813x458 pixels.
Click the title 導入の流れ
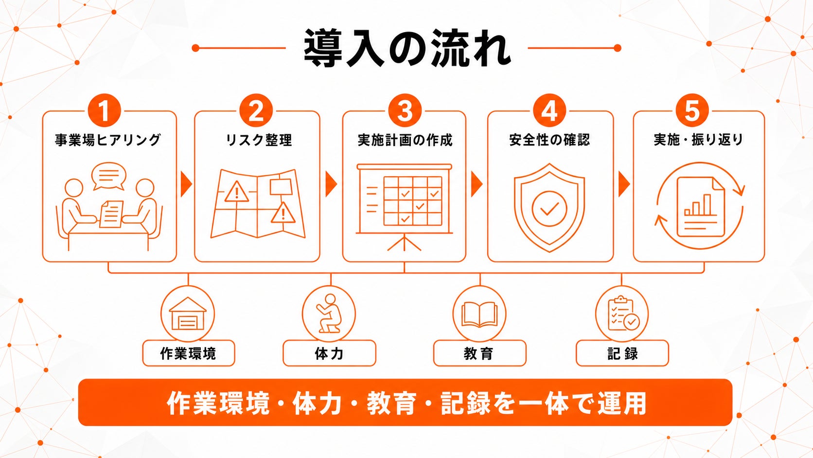(407, 48)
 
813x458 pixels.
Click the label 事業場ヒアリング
(108, 140)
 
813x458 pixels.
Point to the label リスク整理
(258, 140)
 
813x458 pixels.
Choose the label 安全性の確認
(549, 140)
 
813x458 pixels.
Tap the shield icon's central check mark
(549, 209)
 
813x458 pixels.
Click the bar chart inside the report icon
(698, 205)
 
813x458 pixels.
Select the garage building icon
(188, 313)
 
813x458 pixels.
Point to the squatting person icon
(329, 313)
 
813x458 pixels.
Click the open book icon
(479, 314)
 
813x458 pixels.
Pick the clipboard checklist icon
(624, 313)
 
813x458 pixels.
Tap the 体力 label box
(329, 353)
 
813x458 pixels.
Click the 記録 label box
(622, 353)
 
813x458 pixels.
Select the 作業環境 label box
(188, 353)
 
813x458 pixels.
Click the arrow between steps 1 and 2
(186, 184)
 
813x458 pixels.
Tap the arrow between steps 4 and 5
(623, 184)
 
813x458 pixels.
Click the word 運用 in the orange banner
(622, 403)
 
